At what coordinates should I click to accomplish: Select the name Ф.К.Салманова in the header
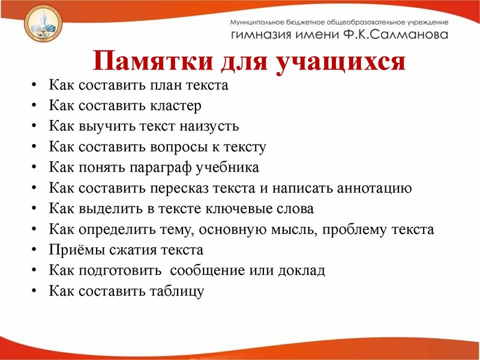click(401, 35)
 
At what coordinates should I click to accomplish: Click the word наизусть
click(211, 126)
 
